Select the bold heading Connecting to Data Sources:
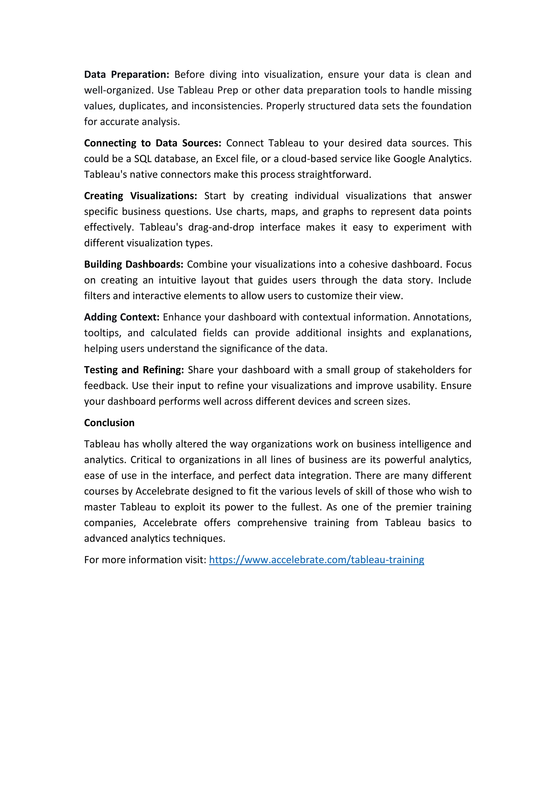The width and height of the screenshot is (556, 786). (153, 143)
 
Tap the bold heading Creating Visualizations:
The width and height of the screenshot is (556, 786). (140, 196)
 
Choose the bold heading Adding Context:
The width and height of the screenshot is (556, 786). (122, 317)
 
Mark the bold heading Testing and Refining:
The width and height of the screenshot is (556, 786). (134, 370)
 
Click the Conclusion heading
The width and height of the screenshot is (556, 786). (109, 423)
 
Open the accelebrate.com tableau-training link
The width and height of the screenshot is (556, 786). (316, 560)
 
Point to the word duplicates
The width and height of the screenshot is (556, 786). (142, 106)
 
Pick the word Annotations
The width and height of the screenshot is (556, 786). (442, 317)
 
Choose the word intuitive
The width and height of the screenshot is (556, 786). (177, 280)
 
